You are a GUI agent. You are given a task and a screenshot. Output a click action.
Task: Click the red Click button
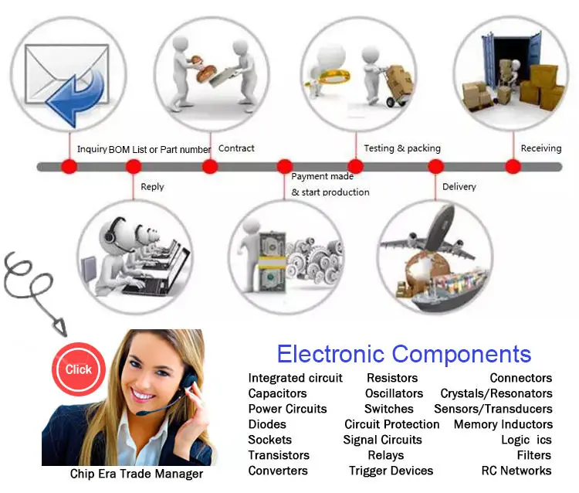click(78, 369)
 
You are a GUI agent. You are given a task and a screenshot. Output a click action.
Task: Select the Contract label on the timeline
click(236, 148)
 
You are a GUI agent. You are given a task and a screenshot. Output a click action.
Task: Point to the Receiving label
click(540, 148)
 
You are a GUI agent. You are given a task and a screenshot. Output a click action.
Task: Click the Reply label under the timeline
click(152, 187)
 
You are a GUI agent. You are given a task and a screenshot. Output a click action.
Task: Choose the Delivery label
click(459, 187)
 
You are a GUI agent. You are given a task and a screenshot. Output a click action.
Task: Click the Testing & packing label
click(401, 148)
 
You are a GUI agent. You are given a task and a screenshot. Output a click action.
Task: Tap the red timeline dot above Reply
click(134, 166)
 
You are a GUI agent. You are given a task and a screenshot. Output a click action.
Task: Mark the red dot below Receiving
click(513, 166)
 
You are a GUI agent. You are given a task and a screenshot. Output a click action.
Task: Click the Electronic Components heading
click(404, 355)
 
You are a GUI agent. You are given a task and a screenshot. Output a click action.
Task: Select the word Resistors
click(392, 378)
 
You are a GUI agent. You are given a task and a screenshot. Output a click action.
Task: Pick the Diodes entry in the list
click(267, 424)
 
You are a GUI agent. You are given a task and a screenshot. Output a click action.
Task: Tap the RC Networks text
click(516, 471)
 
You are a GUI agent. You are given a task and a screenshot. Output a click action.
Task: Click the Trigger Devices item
click(391, 471)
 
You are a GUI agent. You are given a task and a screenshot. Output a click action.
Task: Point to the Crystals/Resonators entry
click(496, 393)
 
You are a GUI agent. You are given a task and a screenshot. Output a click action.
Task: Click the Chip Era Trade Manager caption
click(137, 474)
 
